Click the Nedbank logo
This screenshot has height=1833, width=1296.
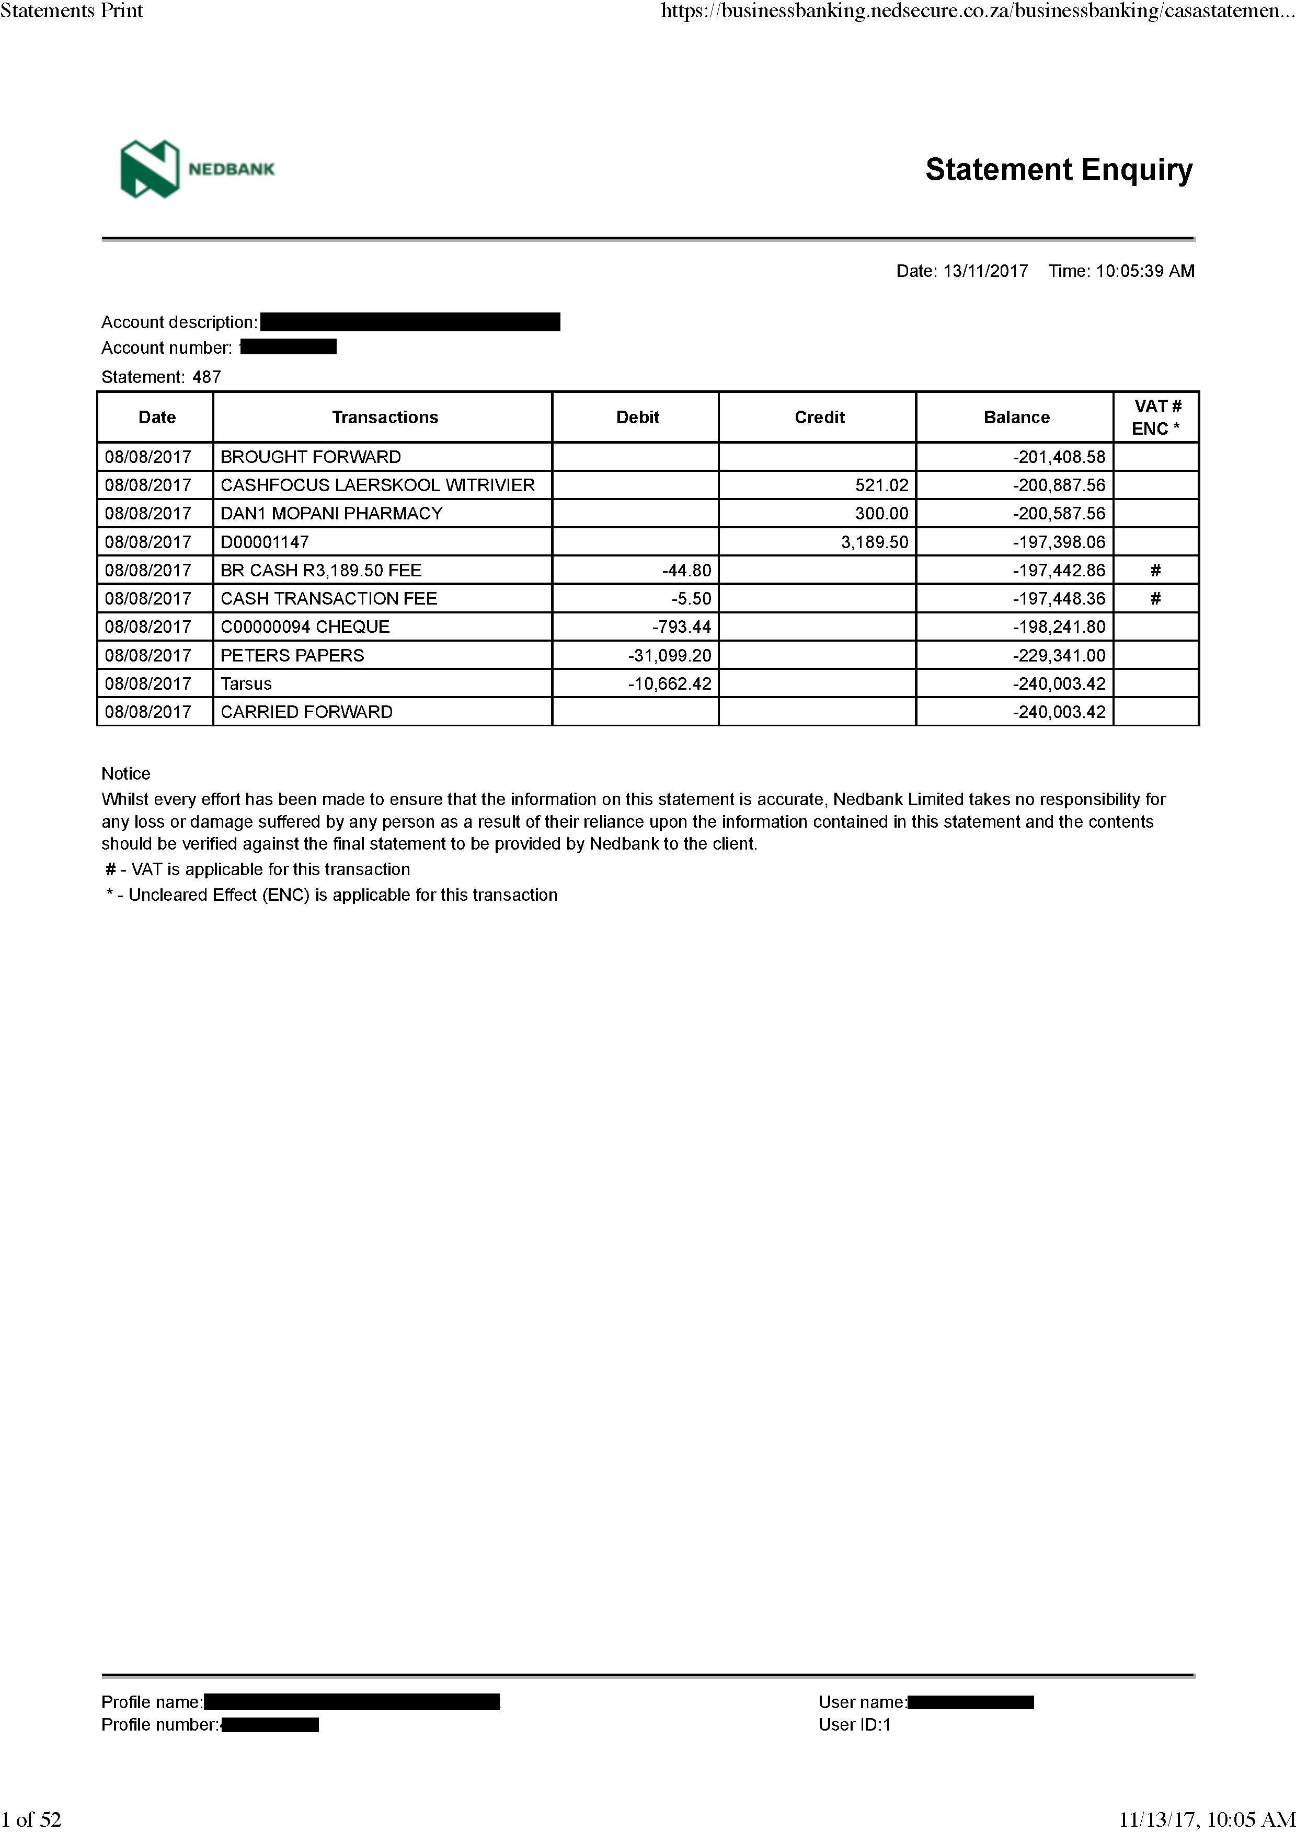pyautogui.click(x=197, y=168)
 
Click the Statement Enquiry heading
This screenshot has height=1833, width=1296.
pyautogui.click(x=1058, y=170)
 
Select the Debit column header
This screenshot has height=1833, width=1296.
pyautogui.click(x=637, y=417)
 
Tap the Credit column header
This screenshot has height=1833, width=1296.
pyautogui.click(x=819, y=417)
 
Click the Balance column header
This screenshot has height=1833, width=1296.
pyautogui.click(x=1016, y=417)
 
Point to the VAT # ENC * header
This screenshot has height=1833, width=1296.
pyautogui.click(x=1156, y=417)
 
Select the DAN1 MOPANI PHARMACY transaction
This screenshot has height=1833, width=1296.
pyautogui.click(x=331, y=513)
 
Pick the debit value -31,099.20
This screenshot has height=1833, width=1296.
pyautogui.click(x=669, y=655)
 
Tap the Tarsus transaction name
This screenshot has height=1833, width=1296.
pyautogui.click(x=246, y=683)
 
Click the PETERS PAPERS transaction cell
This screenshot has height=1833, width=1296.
pyautogui.click(x=292, y=655)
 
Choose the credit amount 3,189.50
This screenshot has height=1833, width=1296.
pyautogui.click(x=875, y=542)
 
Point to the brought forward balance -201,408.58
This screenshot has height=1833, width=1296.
pyautogui.click(x=1059, y=457)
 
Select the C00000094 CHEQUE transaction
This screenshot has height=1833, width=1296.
pyautogui.click(x=305, y=627)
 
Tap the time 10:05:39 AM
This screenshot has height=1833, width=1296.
pyautogui.click(x=1144, y=271)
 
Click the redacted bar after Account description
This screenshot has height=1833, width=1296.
pyautogui.click(x=410, y=322)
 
